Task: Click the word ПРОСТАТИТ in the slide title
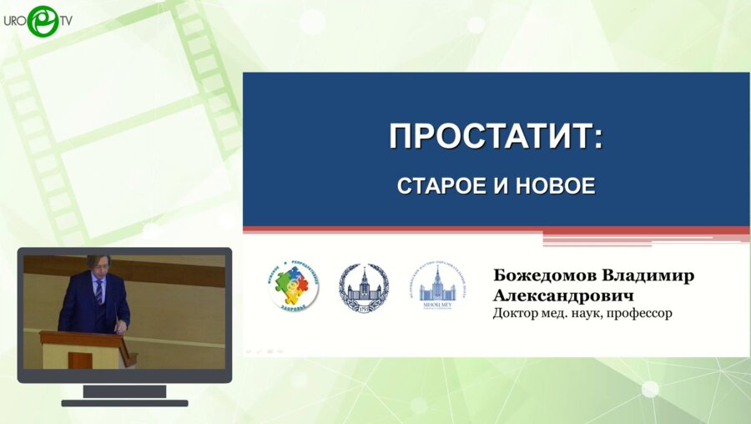click(x=491, y=137)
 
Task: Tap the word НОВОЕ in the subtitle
click(x=554, y=186)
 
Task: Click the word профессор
click(x=639, y=314)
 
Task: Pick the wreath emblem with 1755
click(x=363, y=288)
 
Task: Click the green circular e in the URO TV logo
click(x=42, y=21)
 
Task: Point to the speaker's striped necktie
click(x=98, y=291)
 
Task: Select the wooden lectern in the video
click(x=85, y=349)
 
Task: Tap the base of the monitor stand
click(x=124, y=402)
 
